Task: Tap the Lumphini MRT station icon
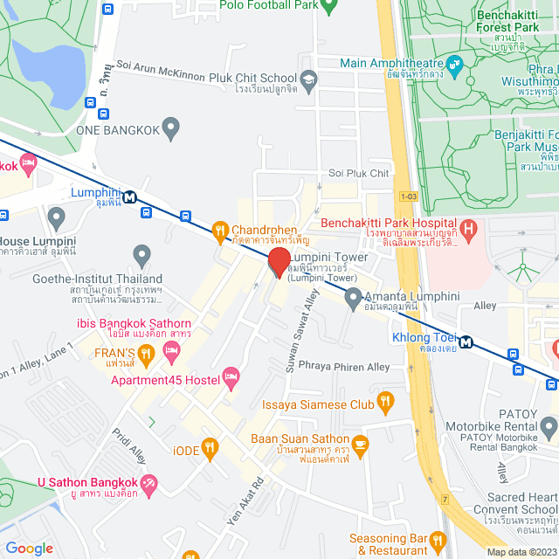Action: (x=129, y=197)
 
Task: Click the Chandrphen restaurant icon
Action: (x=220, y=231)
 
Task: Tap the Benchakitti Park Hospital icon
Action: (x=468, y=231)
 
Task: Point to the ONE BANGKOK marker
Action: (x=171, y=129)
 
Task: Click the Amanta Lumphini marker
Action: (x=353, y=300)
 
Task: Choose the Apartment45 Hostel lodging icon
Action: (x=231, y=378)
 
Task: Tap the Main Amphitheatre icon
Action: (x=454, y=65)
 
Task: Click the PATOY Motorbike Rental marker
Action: (x=548, y=428)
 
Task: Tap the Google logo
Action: (x=29, y=548)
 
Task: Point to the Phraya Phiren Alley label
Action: (x=344, y=367)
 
